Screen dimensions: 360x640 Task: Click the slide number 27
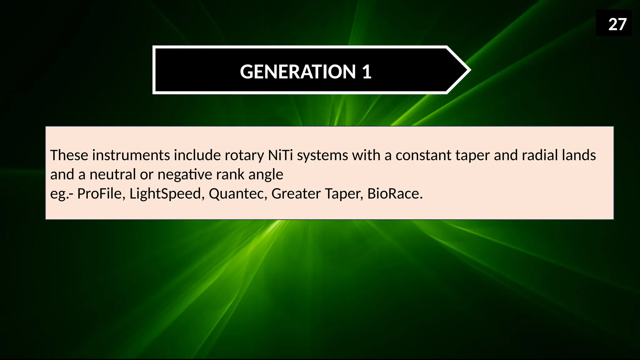(x=617, y=24)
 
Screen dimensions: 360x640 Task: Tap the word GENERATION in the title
(x=298, y=72)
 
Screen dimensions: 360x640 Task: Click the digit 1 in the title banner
(x=367, y=72)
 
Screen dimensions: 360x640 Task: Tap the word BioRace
(x=395, y=193)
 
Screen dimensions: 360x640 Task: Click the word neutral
(x=112, y=174)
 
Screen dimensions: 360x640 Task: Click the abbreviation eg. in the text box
(x=59, y=194)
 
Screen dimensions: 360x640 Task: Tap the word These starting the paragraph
(x=69, y=155)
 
